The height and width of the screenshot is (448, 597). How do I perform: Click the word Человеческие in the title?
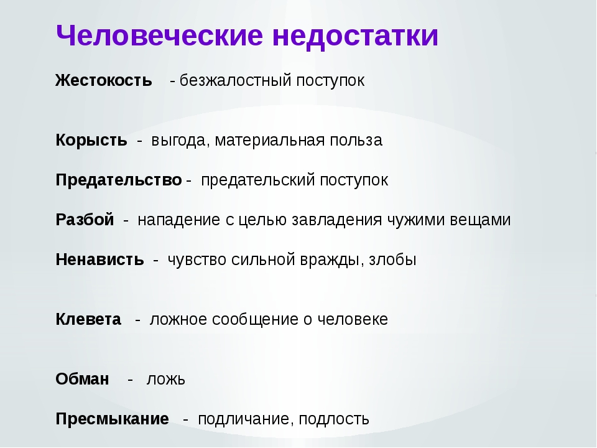click(160, 35)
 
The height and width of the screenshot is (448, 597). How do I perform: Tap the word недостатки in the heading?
click(356, 36)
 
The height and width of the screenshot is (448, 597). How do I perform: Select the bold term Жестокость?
click(104, 80)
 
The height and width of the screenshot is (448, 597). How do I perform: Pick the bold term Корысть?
click(91, 140)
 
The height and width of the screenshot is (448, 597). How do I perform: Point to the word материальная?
click(270, 140)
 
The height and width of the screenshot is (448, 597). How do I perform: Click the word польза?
click(356, 140)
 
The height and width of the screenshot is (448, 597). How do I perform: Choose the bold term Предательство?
click(119, 180)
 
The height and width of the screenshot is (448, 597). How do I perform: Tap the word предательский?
click(257, 180)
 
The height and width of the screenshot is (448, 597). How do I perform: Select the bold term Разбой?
click(85, 220)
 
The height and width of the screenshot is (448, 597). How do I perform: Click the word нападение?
click(179, 220)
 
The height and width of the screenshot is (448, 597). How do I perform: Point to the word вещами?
click(480, 220)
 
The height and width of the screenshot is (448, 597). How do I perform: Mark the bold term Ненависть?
click(99, 259)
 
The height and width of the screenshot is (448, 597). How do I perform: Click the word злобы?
click(392, 259)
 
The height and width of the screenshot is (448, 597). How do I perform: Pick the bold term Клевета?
click(88, 319)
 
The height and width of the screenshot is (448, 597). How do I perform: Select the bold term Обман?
click(82, 379)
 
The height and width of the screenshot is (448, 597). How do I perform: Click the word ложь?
click(166, 380)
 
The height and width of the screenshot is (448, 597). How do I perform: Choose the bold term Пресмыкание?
click(113, 419)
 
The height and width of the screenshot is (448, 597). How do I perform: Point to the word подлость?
click(334, 419)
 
